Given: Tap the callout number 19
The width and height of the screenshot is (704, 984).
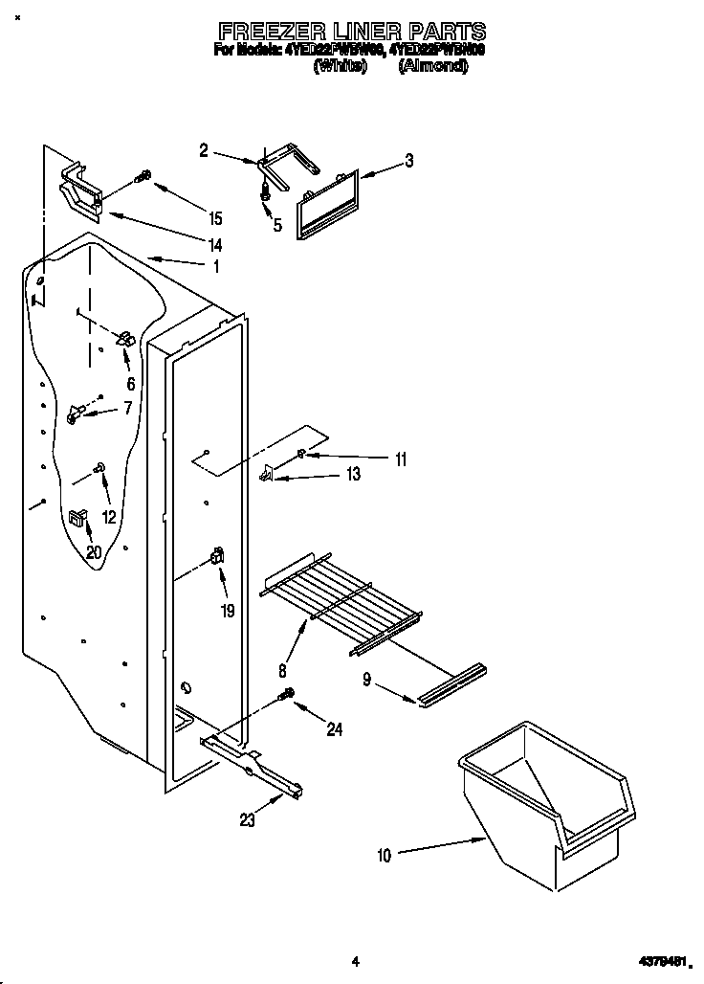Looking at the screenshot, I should coord(227,610).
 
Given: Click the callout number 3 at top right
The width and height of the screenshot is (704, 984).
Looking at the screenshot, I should coord(408,161).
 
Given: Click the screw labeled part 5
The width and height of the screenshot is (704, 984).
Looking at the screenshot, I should coord(268,191).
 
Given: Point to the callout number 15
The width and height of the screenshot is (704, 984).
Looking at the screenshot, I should coord(215,216).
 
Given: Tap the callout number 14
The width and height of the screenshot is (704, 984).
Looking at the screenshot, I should coord(215,245).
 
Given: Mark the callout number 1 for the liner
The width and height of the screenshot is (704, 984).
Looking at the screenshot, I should coord(216,266).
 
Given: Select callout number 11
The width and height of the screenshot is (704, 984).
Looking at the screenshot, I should coord(400,459).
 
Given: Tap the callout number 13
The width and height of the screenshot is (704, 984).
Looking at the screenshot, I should coord(353,475).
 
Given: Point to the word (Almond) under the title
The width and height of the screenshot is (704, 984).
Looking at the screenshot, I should coord(432,67).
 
